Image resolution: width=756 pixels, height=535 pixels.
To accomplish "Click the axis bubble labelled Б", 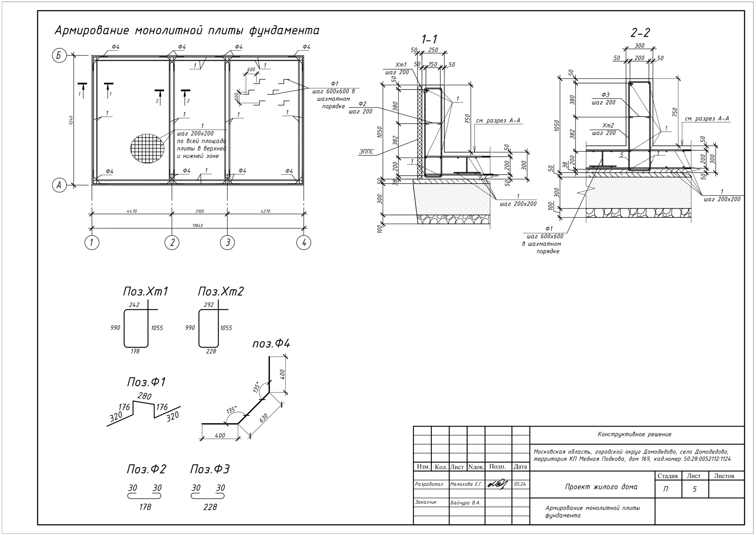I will coord(59,56).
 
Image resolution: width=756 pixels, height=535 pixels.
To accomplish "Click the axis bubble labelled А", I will coord(59,185).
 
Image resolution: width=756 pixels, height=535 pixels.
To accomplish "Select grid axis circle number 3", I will coord(227,243).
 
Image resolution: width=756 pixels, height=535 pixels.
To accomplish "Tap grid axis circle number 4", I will coord(304,243).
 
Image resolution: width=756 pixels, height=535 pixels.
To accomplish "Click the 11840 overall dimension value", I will coord(198,226).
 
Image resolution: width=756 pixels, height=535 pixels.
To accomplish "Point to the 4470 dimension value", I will coord(131,211).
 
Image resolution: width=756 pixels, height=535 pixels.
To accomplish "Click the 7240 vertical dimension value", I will coord(71,120).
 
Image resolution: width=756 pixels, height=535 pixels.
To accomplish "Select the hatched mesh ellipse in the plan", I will coord(147,148).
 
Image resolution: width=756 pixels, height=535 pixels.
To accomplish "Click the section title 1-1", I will coord(429,39).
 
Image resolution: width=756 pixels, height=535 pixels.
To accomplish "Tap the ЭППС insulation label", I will coord(366,152).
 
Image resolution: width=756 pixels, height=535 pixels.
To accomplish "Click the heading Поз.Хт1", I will coord(145,292).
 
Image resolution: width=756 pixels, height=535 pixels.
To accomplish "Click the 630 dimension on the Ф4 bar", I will coord(264,418).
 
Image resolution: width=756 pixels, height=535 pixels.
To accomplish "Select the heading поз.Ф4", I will coord(271,344).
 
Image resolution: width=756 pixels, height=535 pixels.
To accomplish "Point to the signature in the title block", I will coord(498,484).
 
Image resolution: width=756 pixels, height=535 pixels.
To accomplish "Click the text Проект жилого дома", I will coord(601,487).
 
